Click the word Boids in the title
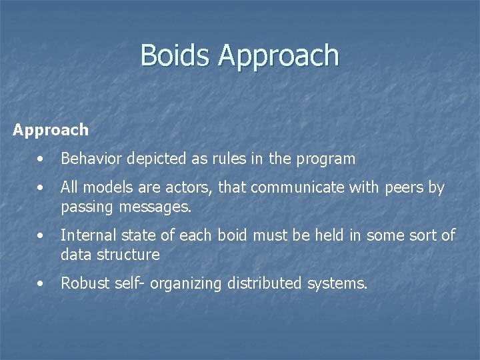pos(176,55)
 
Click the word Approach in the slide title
pos(279,57)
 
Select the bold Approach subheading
pos(51,130)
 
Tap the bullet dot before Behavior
pos(41,159)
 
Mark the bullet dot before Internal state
pos(41,236)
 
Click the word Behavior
pos(89,159)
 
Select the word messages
pos(155,207)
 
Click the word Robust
pos(84,283)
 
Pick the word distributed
pos(265,283)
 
